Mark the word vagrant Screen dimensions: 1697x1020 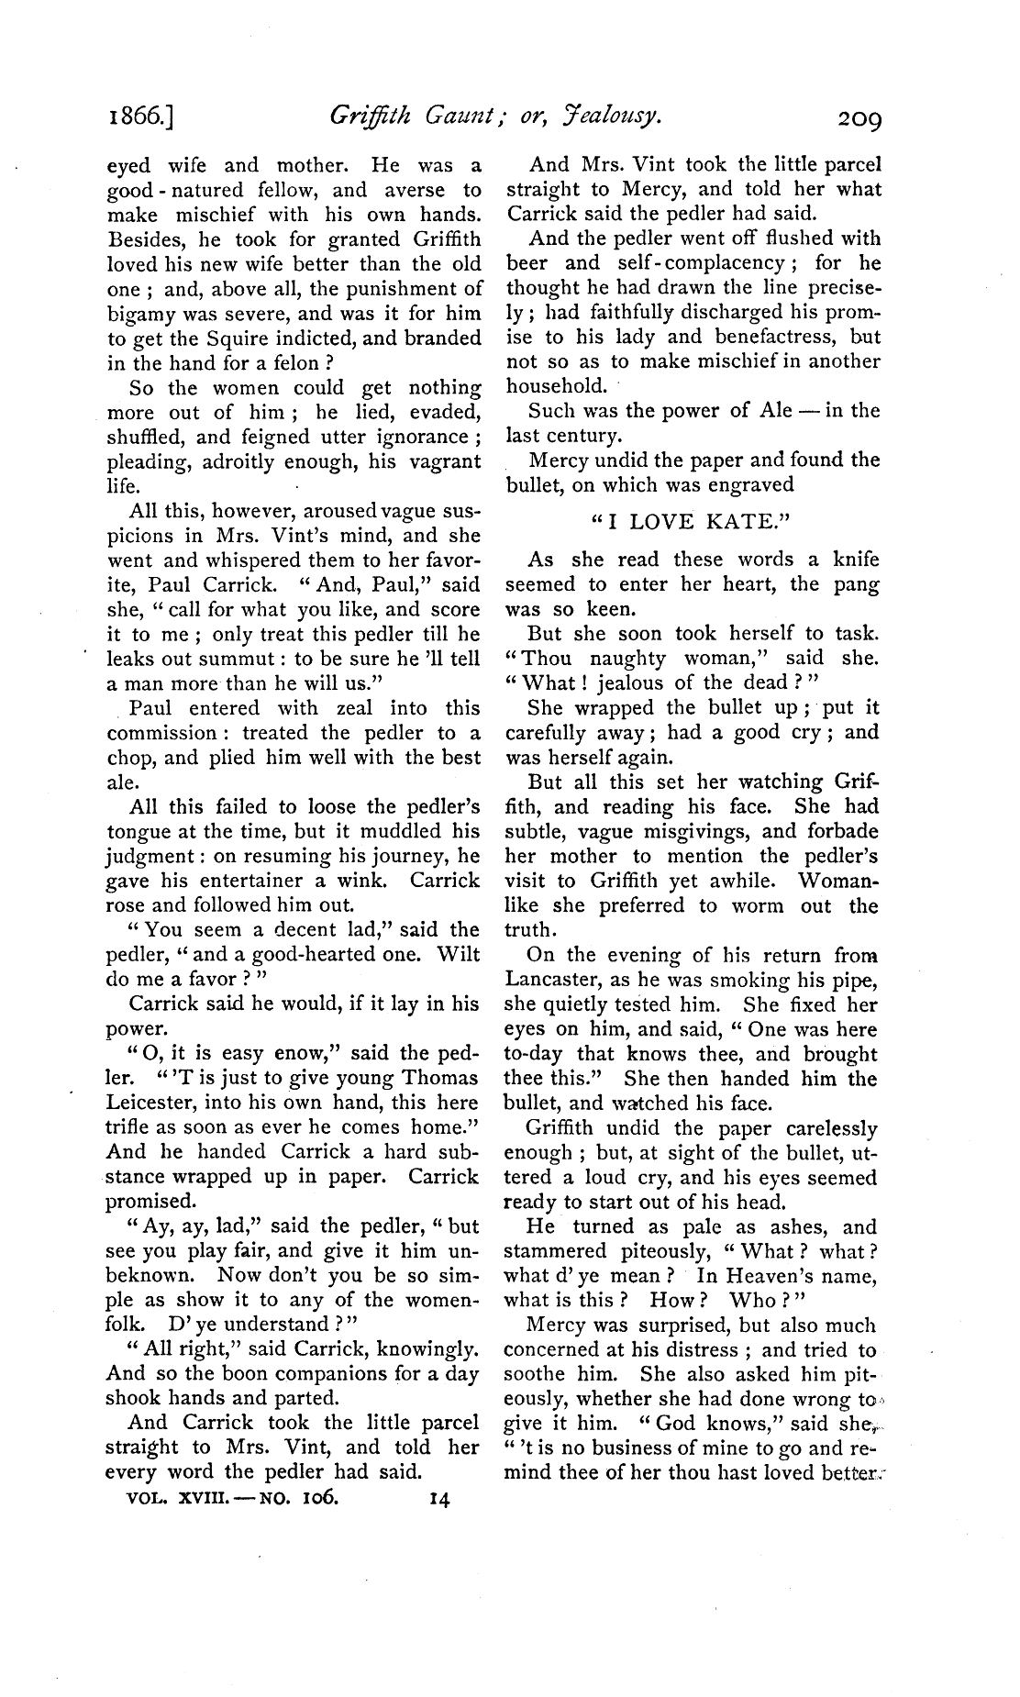pos(443,462)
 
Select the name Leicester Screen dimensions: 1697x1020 pos(150,1103)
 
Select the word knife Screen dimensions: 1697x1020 pos(855,560)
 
